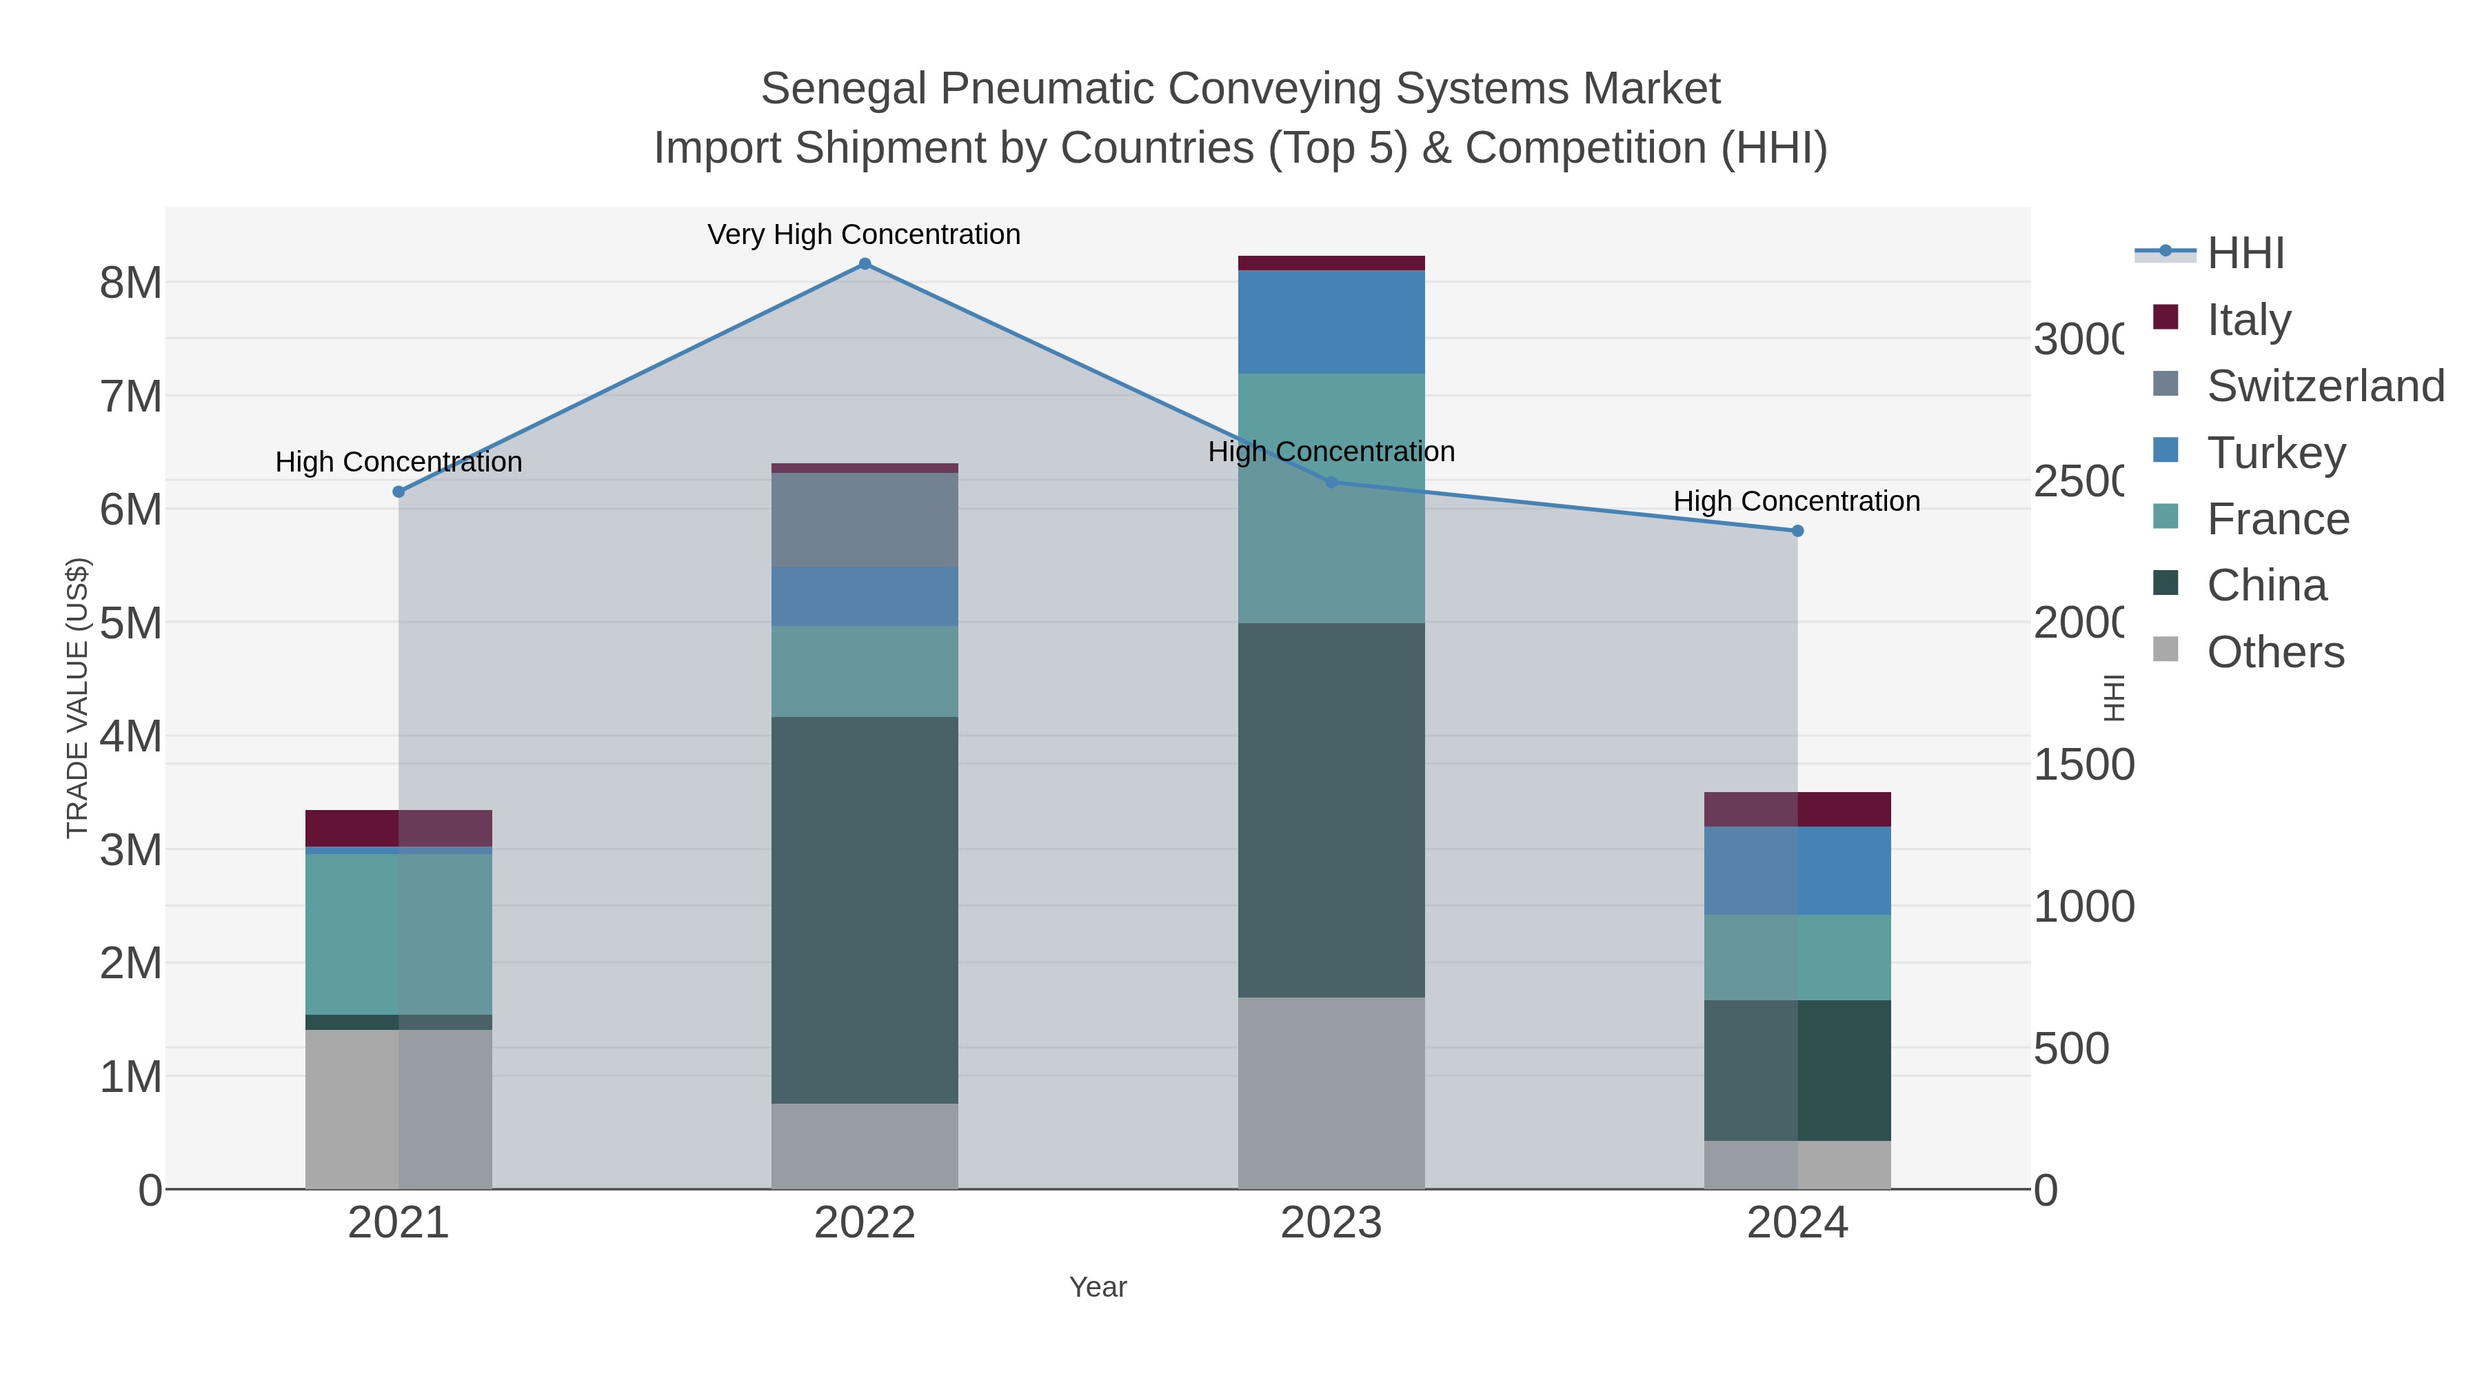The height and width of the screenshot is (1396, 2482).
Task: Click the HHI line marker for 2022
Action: tap(865, 264)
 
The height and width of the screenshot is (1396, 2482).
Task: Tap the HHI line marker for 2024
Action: tap(1797, 531)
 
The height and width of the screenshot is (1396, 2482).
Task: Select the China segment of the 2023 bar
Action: tap(1331, 809)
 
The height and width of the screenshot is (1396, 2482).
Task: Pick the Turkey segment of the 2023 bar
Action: tap(1331, 322)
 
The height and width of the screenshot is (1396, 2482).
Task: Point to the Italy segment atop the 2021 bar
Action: tap(398, 827)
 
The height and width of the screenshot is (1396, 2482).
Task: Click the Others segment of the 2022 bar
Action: tap(865, 1146)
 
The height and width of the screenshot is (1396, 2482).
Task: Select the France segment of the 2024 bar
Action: tap(1797, 957)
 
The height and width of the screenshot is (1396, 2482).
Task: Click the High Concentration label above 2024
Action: tap(1796, 502)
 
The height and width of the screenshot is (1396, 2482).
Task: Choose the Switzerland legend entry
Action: tap(2325, 386)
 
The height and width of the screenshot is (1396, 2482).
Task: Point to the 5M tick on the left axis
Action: tap(131, 623)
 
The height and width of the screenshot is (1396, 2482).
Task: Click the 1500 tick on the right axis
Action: tap(2083, 765)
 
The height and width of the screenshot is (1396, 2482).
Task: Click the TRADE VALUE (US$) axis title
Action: tap(77, 698)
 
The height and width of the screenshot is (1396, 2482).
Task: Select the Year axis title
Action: tap(1098, 1287)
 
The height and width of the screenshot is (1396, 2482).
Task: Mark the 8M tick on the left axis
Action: tap(131, 283)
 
